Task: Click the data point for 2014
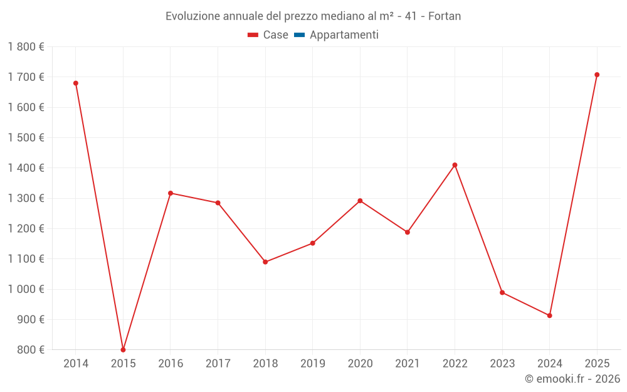[76, 83]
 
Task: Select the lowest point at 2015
[123, 349]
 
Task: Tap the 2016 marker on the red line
[171, 193]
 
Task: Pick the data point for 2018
[265, 262]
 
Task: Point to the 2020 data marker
[360, 201]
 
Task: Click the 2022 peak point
[455, 165]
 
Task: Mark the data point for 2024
[549, 315]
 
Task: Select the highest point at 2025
[597, 75]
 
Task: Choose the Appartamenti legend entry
[344, 35]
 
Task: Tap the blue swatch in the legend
[299, 35]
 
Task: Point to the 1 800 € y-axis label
[26, 47]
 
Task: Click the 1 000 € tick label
[26, 289]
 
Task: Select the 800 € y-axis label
[30, 350]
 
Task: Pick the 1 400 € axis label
[26, 168]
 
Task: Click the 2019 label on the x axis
[312, 364]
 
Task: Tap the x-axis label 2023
[502, 364]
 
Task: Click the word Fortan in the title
[445, 16]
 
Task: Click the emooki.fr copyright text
[572, 379]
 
